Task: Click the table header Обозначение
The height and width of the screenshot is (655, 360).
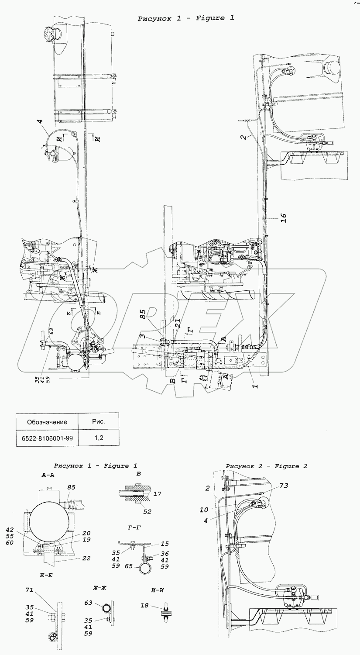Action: [x=47, y=422]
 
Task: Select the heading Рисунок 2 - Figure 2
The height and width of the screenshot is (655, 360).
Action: [x=266, y=466]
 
